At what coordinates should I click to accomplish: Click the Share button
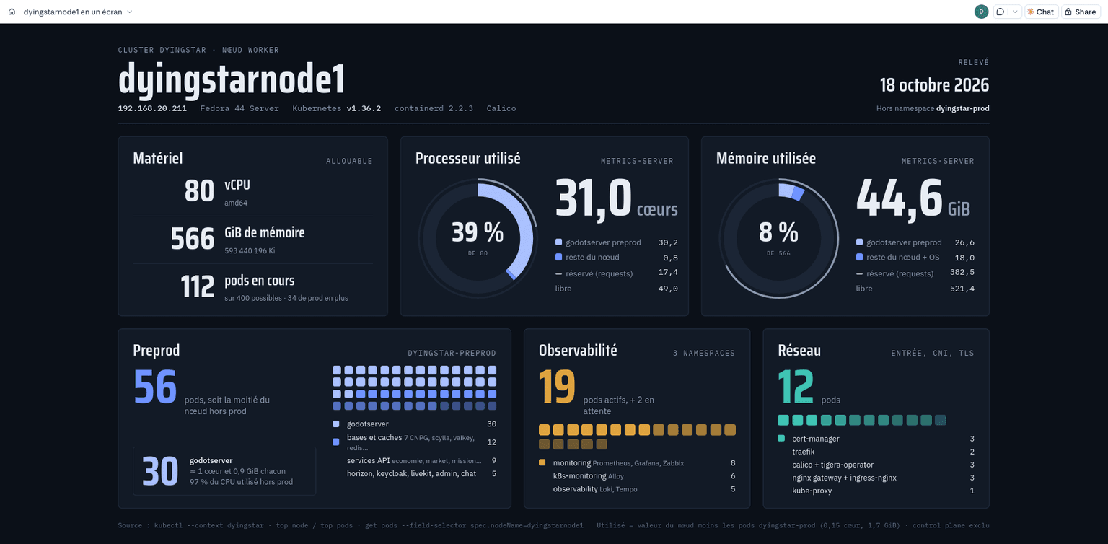[1081, 12]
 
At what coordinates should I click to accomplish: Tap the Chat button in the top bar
[1041, 12]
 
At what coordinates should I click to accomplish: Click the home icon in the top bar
[12, 12]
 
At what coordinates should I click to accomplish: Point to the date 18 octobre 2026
[934, 85]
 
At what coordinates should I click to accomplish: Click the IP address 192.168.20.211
[152, 108]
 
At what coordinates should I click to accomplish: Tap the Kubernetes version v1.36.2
[364, 108]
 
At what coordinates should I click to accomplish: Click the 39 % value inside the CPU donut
[478, 232]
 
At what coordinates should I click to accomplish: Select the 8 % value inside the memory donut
[778, 232]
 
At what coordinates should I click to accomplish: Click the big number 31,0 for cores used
[593, 199]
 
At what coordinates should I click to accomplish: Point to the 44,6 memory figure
[899, 199]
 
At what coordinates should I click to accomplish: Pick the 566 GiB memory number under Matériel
[193, 239]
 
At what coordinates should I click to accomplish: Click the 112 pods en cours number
[198, 287]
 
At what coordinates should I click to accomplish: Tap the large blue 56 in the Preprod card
[155, 386]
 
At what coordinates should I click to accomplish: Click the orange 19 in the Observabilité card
[557, 386]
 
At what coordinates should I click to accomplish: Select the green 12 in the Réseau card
[796, 386]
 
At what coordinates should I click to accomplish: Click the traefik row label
[804, 452]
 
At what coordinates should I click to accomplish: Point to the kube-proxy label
[812, 491]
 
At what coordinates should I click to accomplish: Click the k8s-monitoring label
[579, 475]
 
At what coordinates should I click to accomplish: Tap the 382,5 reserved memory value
[962, 273]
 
